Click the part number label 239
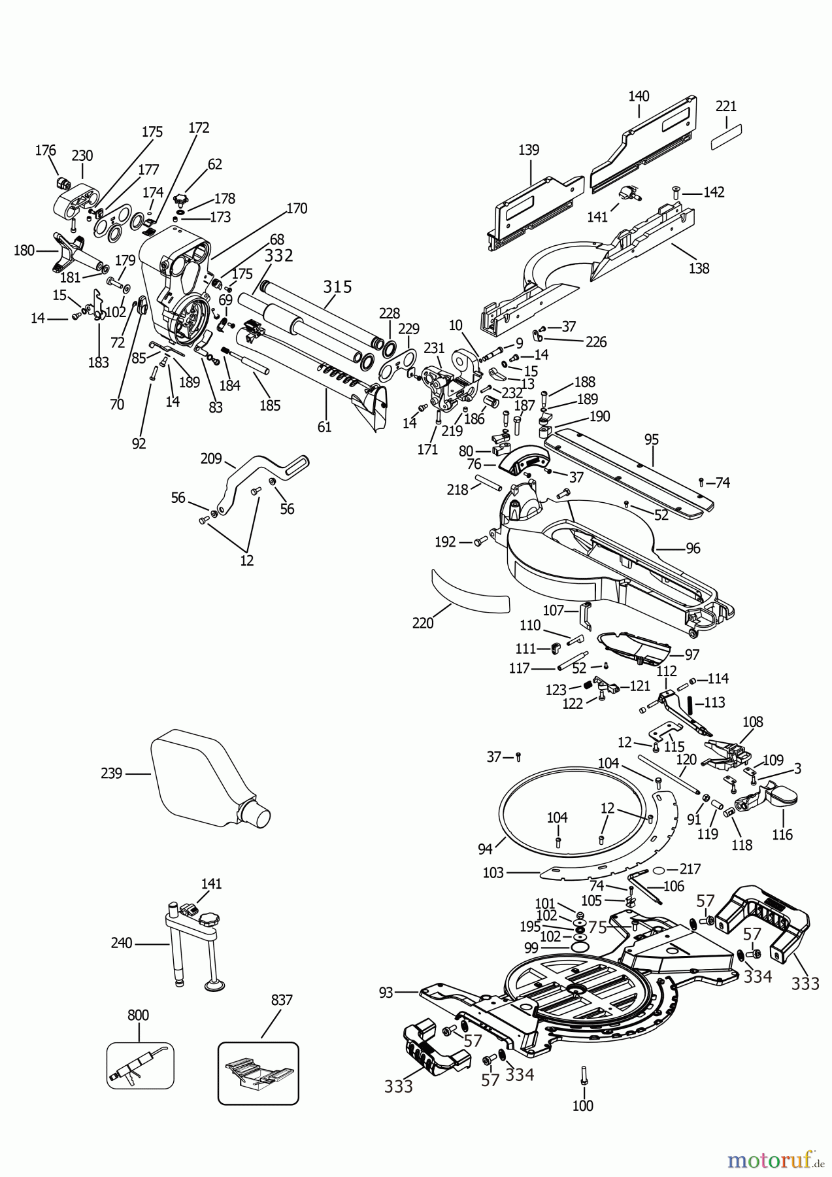point(111,774)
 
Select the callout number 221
point(726,106)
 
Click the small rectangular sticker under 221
point(726,138)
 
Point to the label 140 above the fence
point(639,96)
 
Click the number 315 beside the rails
point(337,286)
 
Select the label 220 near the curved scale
point(423,623)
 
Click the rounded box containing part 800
point(140,1065)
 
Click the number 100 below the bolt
point(582,1106)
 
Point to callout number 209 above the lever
point(211,458)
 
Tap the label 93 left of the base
point(386,993)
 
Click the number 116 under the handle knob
point(782,834)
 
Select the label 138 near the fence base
point(699,268)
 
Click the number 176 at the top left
point(46,150)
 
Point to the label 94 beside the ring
point(485,849)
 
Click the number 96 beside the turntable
point(692,548)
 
